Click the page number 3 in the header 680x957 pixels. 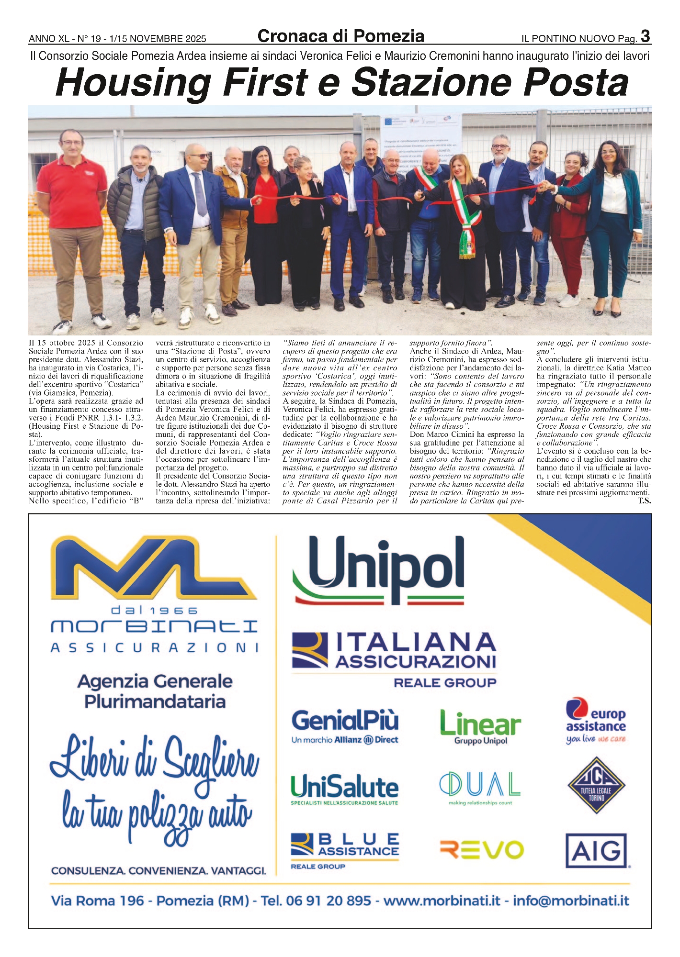(645, 36)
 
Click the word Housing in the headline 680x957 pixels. (133, 83)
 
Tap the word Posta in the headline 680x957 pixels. (576, 83)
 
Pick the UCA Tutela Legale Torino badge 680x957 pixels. (596, 785)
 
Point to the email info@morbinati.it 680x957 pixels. (571, 901)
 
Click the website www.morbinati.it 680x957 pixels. (442, 901)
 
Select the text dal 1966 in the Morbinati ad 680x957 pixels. (154, 610)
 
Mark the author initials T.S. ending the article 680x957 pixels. (644, 501)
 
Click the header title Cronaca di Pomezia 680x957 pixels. (340, 36)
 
